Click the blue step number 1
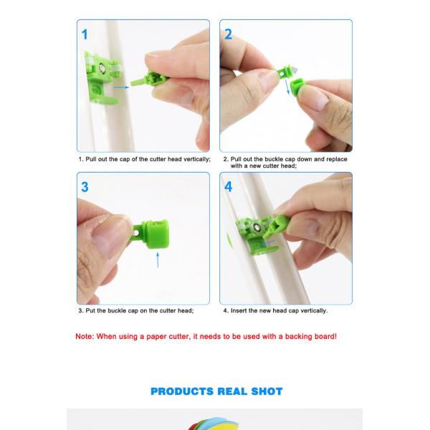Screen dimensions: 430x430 85,35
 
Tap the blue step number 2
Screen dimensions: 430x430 228,34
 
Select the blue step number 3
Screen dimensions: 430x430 85,187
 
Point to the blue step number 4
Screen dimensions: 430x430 229,187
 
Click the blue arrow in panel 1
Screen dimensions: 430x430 122,87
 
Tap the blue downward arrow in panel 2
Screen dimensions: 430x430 287,87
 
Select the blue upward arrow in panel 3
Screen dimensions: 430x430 158,260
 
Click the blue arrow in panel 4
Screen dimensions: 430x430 268,243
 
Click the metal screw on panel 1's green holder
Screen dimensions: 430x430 102,67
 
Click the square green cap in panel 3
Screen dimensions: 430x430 157,234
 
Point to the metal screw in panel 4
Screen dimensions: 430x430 257,227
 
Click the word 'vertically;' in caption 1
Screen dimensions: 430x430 197,159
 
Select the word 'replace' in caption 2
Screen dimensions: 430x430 337,159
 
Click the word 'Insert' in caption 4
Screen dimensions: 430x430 239,311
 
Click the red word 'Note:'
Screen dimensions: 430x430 85,337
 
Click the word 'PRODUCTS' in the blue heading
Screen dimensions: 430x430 182,391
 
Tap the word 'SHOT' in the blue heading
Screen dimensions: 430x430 267,391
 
